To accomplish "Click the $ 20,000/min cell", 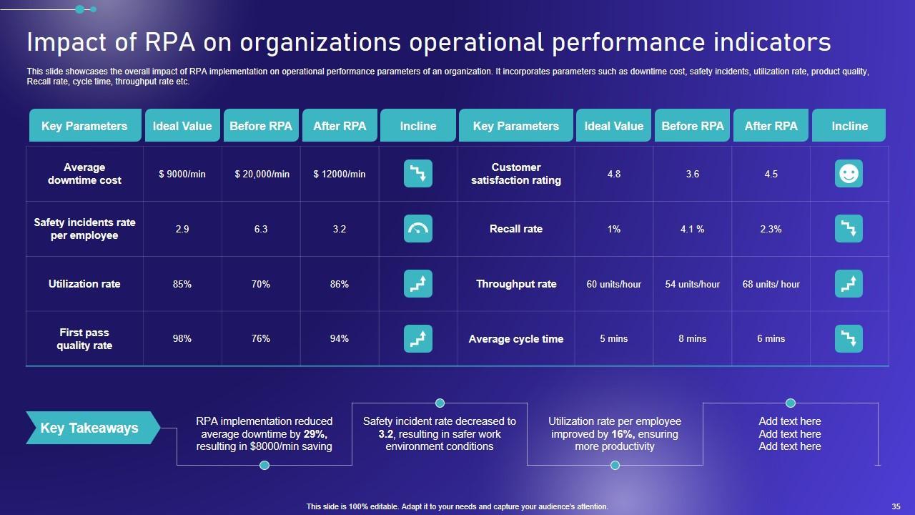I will point(262,174).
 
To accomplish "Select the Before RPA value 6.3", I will point(261,229).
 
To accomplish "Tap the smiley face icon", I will point(849,174).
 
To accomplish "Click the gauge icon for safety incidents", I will point(418,229).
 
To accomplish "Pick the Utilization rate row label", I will point(84,284).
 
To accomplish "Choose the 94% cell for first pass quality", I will point(340,338).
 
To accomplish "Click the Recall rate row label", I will point(516,229).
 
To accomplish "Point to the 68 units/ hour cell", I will point(771,284).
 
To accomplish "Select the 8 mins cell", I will point(692,338).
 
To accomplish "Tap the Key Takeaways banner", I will point(90,428).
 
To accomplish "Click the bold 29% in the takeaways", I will point(313,434).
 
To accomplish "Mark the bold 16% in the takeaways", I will point(620,434).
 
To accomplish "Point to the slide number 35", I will point(896,506).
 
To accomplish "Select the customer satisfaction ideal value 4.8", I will point(613,174).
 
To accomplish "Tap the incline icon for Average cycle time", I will point(849,338).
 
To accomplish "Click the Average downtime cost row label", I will point(84,174).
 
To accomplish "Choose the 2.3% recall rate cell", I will point(771,229).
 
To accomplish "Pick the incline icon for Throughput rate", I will point(849,284).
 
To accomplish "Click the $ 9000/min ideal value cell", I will point(182,174).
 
